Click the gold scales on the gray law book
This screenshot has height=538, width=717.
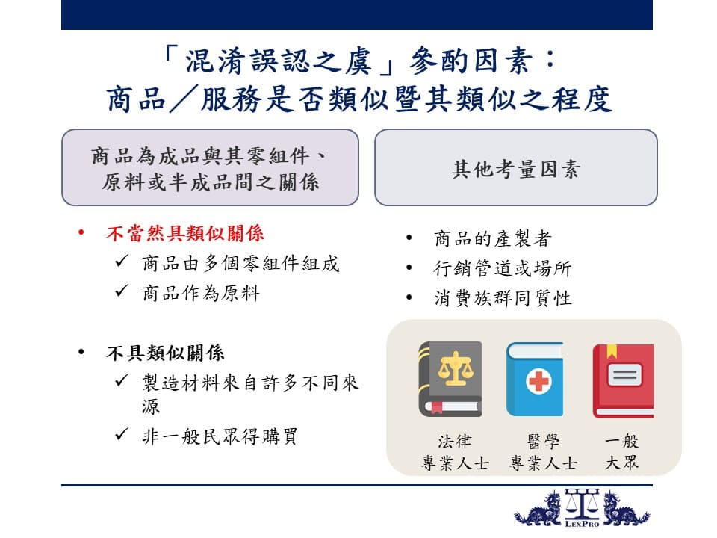coord(455,368)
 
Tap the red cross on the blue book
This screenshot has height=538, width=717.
coord(538,381)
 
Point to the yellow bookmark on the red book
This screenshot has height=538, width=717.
coord(612,351)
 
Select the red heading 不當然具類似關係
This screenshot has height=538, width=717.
coord(185,233)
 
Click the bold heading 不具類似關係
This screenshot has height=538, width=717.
coord(166,353)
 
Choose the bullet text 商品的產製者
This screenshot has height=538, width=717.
coord(493,238)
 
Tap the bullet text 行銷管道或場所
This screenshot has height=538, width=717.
coord(503,268)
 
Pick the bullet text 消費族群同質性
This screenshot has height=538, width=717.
coord(503,298)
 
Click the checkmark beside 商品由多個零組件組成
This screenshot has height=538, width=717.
coord(122,261)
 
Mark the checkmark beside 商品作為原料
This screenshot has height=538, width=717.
coord(122,291)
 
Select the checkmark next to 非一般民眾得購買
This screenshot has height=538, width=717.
coord(122,433)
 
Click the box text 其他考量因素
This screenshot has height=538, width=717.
coord(516,169)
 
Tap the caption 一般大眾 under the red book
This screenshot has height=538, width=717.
coord(621,451)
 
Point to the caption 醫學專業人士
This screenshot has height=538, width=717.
coord(543,452)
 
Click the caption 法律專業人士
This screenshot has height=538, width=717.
coord(455,452)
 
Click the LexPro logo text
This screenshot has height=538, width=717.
coord(582,523)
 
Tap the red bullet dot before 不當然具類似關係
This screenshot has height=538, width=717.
coord(81,232)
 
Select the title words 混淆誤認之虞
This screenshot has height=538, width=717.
coord(278,61)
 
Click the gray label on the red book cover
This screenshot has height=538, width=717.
coord(624,375)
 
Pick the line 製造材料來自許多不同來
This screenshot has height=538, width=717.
coord(250,383)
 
